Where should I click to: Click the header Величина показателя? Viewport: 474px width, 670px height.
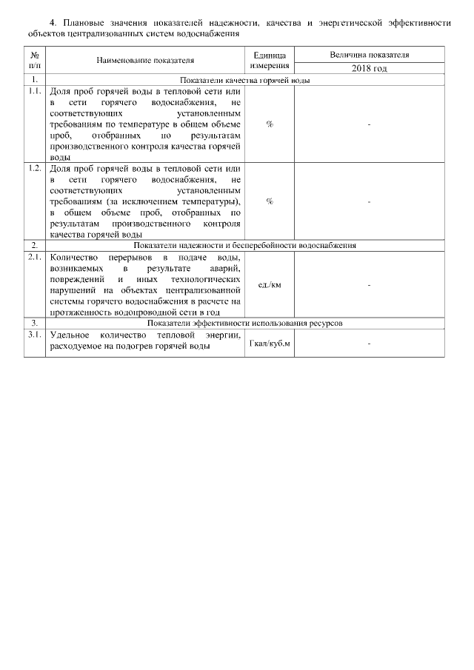pos(369,56)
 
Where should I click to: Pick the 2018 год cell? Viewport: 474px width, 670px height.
pos(369,68)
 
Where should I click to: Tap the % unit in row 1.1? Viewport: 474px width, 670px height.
pos(270,124)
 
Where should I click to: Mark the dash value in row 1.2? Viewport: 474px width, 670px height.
pos(369,201)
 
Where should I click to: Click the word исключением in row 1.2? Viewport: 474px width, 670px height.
pos(135,201)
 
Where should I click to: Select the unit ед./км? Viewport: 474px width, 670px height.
pos(270,284)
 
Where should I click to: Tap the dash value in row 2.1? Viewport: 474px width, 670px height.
pos(369,284)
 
